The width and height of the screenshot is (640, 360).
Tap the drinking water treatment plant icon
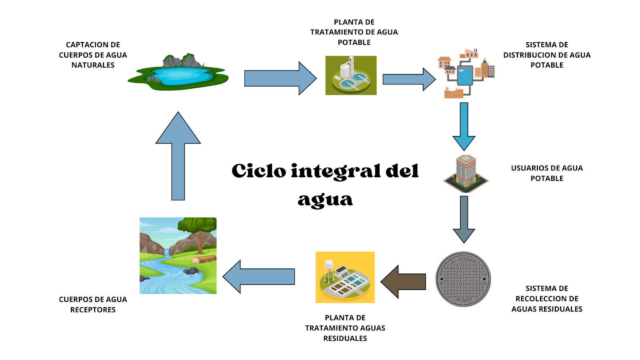pyautogui.click(x=351, y=76)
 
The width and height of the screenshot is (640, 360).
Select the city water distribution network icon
pyautogui.click(x=466, y=73)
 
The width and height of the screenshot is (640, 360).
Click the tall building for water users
pyautogui.click(x=466, y=174)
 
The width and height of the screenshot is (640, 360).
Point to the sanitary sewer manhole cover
pyautogui.click(x=463, y=279)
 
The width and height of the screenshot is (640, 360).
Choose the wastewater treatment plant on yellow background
pyautogui.click(x=345, y=277)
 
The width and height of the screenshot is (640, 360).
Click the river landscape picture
pyautogui.click(x=178, y=256)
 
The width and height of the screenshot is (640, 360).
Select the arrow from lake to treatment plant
pyautogui.click(x=280, y=78)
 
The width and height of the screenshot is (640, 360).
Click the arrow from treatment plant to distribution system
pyautogui.click(x=408, y=79)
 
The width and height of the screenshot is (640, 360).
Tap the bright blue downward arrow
pyautogui.click(x=464, y=126)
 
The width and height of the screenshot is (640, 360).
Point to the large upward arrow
pyautogui.click(x=178, y=156)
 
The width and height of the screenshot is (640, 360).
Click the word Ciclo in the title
pyautogui.click(x=259, y=171)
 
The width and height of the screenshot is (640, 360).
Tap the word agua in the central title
pyautogui.click(x=325, y=199)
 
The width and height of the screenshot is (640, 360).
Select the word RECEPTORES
pyautogui.click(x=93, y=310)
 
